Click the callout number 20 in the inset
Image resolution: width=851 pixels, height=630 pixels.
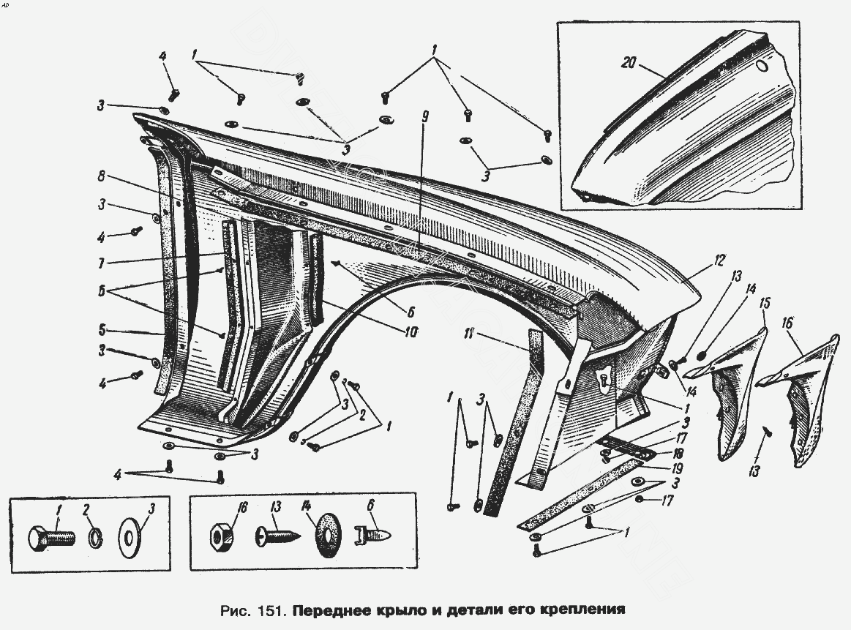628,63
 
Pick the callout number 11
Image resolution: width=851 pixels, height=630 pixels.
470,335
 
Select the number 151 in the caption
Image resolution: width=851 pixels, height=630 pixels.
275,609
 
